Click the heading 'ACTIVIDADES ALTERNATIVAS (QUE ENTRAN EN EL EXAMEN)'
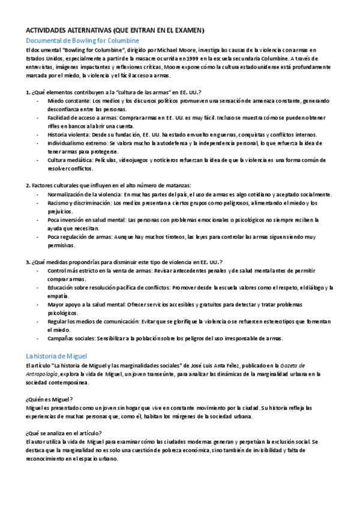115,30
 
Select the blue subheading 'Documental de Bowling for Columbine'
82,40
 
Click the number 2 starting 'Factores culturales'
28,186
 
